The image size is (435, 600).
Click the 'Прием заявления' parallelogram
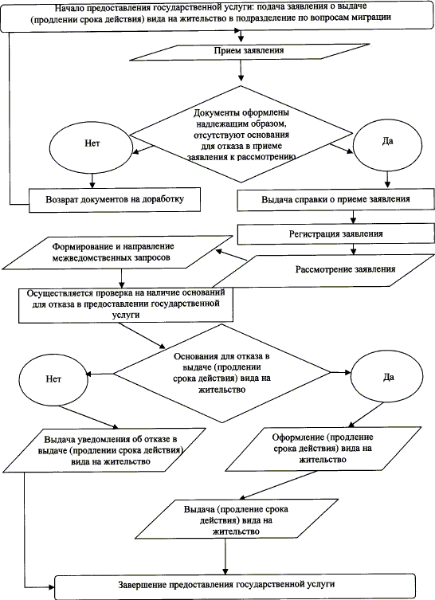point(249,52)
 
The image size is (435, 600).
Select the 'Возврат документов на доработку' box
point(115,199)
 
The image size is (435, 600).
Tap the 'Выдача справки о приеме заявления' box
point(335,199)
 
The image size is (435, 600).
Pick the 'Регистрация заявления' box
point(335,233)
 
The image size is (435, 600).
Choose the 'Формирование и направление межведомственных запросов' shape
point(117,252)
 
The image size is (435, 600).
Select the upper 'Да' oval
point(387,142)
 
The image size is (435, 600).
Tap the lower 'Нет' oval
point(53,379)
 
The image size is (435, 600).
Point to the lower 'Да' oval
point(387,378)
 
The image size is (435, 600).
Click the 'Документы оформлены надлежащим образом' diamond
point(241,134)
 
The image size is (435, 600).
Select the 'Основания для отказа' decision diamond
point(222,373)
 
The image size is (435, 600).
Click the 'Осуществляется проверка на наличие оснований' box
point(126,305)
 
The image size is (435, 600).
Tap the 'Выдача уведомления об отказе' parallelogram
point(110,450)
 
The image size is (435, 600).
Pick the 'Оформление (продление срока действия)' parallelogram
point(323,448)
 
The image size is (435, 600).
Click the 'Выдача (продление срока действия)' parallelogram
point(237,520)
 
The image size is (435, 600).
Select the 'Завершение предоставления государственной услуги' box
point(234,585)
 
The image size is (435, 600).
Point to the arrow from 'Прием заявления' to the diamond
point(241,70)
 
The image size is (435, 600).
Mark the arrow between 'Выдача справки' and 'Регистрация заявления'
point(353,217)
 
